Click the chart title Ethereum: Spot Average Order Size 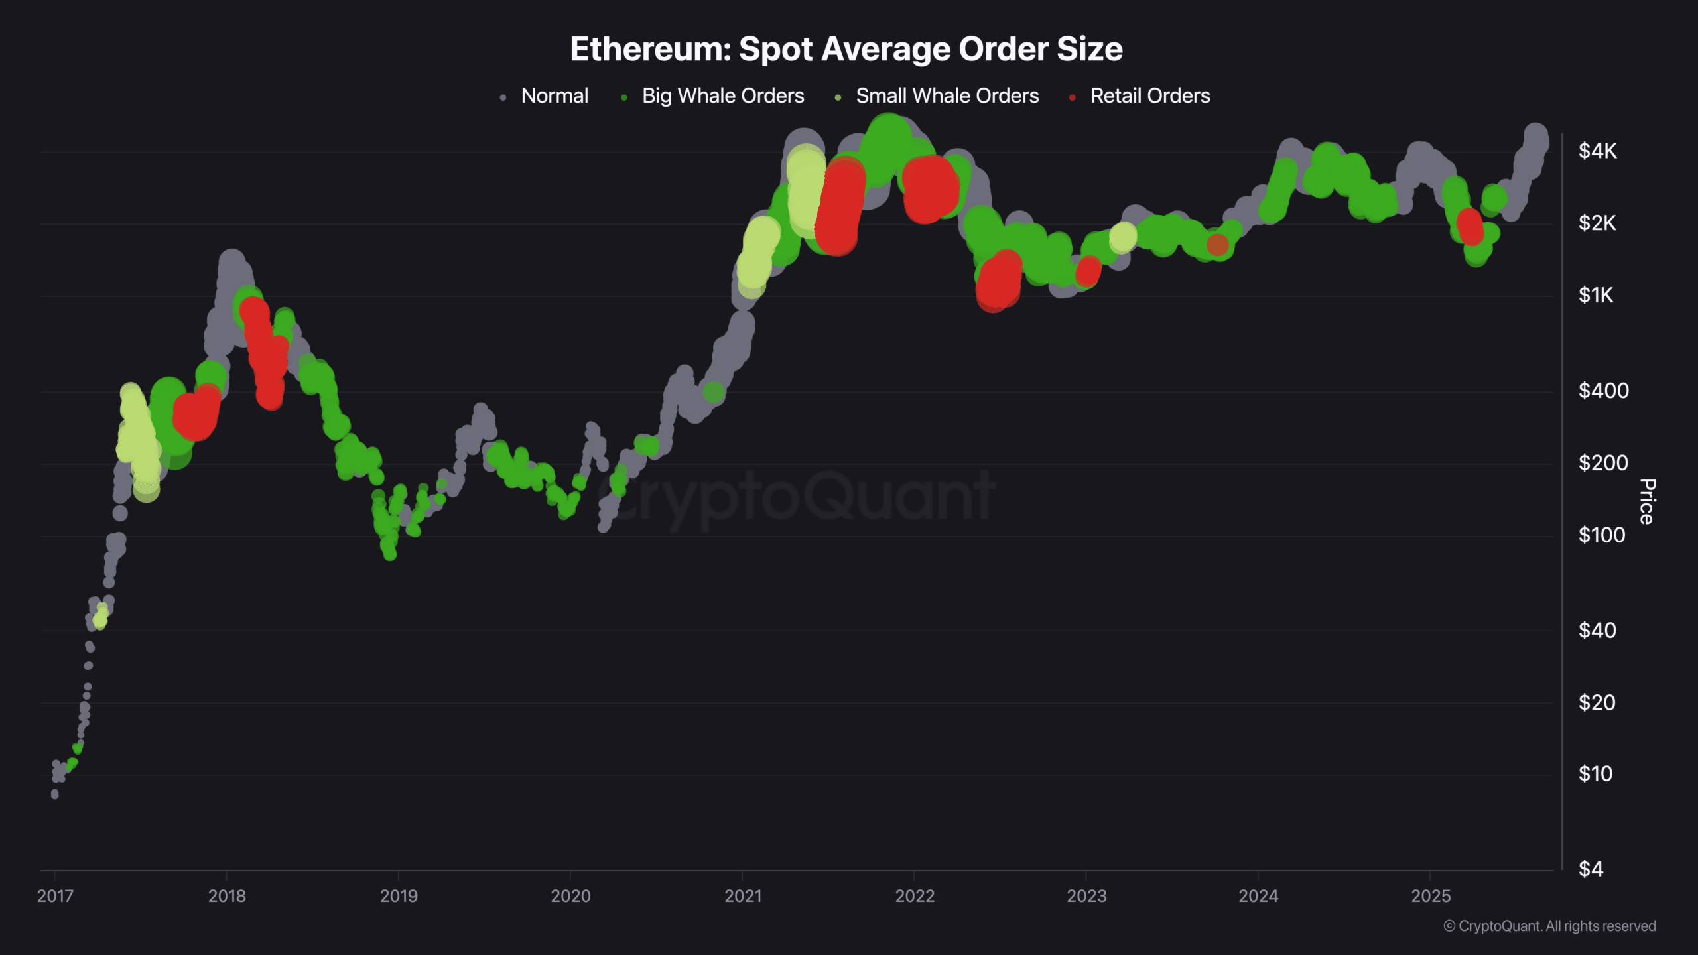tap(846, 49)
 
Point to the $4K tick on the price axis tap(1597, 151)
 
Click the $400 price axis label tap(1603, 391)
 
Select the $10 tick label tap(1595, 774)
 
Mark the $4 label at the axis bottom tap(1591, 869)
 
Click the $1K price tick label tap(1595, 295)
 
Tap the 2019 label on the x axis tap(399, 896)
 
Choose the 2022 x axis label tap(915, 896)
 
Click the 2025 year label tap(1431, 896)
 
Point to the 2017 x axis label tap(55, 896)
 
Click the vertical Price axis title tap(1647, 501)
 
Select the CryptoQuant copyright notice tap(1549, 926)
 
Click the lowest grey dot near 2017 tap(54, 794)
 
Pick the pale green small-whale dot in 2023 tap(1123, 237)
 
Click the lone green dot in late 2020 tap(713, 393)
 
